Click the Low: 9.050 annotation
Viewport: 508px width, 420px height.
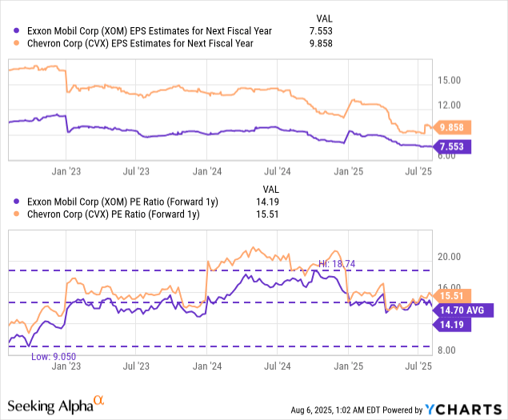[53, 357]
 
